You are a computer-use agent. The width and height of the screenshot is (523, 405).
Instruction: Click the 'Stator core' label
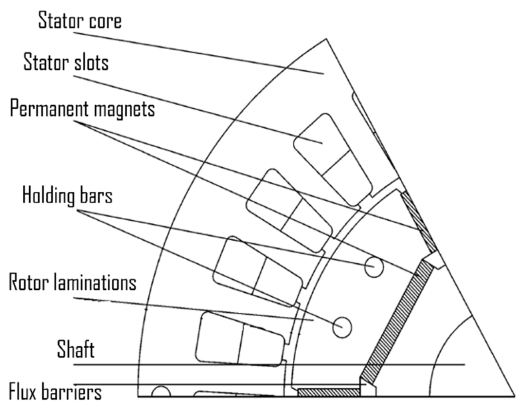click(80, 21)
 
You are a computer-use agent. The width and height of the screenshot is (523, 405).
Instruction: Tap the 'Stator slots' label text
click(66, 62)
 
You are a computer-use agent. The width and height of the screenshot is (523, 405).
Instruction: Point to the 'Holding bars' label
click(67, 196)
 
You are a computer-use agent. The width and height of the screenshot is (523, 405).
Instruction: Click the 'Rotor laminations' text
click(73, 282)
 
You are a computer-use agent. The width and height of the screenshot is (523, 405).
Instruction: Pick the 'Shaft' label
click(76, 349)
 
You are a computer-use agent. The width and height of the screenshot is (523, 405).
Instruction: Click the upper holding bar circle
click(374, 267)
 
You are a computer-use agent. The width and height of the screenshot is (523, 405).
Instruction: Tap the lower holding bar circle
click(342, 327)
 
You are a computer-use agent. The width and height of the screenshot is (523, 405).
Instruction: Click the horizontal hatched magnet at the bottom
click(329, 392)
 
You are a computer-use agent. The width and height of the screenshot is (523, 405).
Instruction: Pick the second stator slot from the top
click(289, 211)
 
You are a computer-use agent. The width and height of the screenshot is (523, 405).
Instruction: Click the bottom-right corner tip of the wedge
click(514, 395)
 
